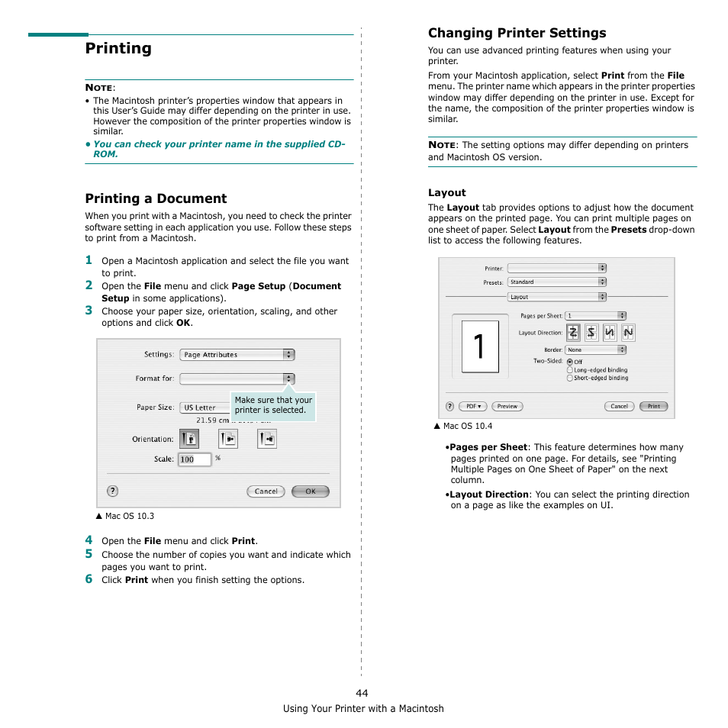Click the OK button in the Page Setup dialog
tap(311, 491)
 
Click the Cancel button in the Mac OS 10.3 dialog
tap(266, 491)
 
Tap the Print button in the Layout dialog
tap(653, 406)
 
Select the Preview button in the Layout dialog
tap(507, 406)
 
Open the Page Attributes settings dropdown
tap(237, 355)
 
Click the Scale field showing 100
tap(194, 459)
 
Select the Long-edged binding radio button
tap(570, 370)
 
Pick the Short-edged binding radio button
tap(570, 378)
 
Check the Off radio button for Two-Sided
tap(570, 362)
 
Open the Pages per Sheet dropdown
tap(596, 315)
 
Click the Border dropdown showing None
tap(596, 350)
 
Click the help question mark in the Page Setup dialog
tap(112, 491)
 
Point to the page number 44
tap(362, 693)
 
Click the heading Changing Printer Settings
tap(517, 33)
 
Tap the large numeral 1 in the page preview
tap(480, 346)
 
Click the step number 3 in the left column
tap(89, 310)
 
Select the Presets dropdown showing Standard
tap(557, 282)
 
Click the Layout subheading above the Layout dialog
tap(446, 193)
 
